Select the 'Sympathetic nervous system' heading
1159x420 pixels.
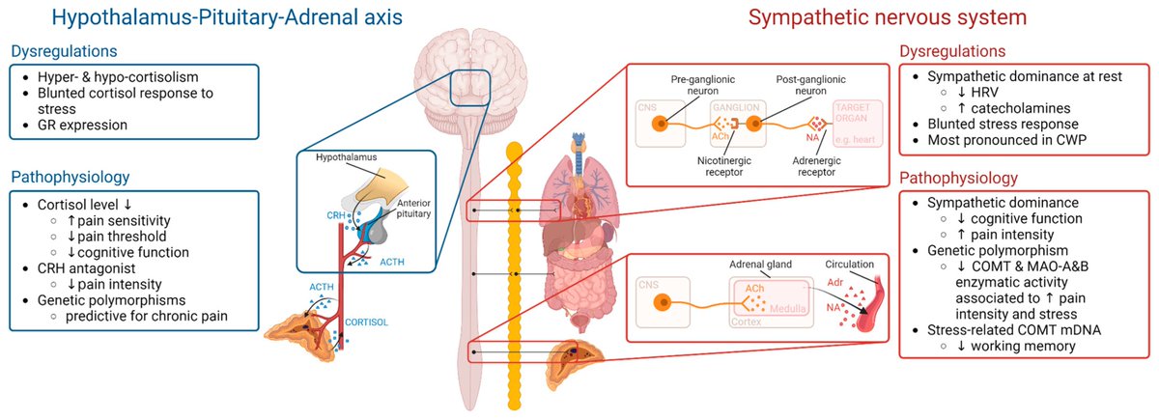click(x=939, y=17)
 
